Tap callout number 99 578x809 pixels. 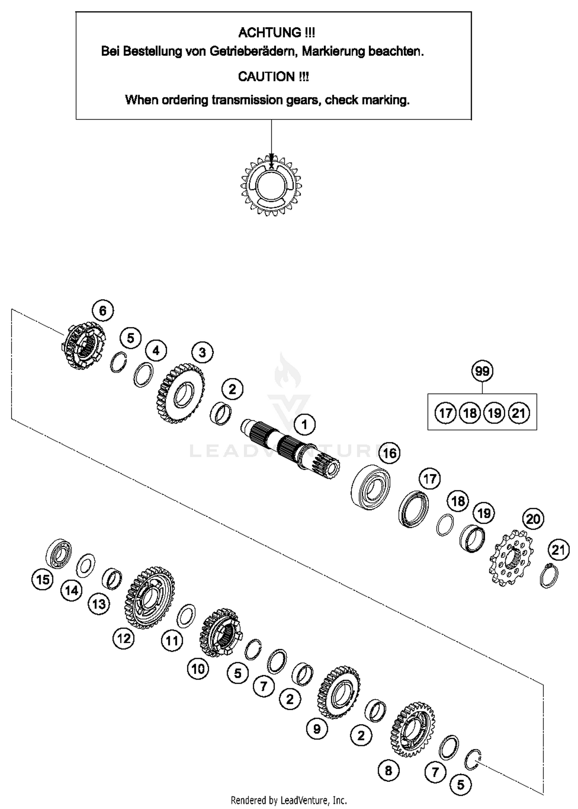pos(482,371)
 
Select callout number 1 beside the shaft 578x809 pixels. pos(304,425)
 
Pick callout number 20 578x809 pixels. pos(533,519)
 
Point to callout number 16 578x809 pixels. pos(390,453)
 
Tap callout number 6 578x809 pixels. pos(102,311)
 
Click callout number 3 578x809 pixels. pos(202,352)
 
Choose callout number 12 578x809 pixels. pos(124,639)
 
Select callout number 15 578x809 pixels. pos(42,580)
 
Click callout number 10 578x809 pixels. pos(198,669)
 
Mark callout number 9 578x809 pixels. pos(317,729)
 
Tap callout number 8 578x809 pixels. pos(388,770)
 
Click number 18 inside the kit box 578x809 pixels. pos(470,413)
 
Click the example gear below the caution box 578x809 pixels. pos(271,185)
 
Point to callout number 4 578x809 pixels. pos(156,351)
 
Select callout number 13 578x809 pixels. pos(99,604)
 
